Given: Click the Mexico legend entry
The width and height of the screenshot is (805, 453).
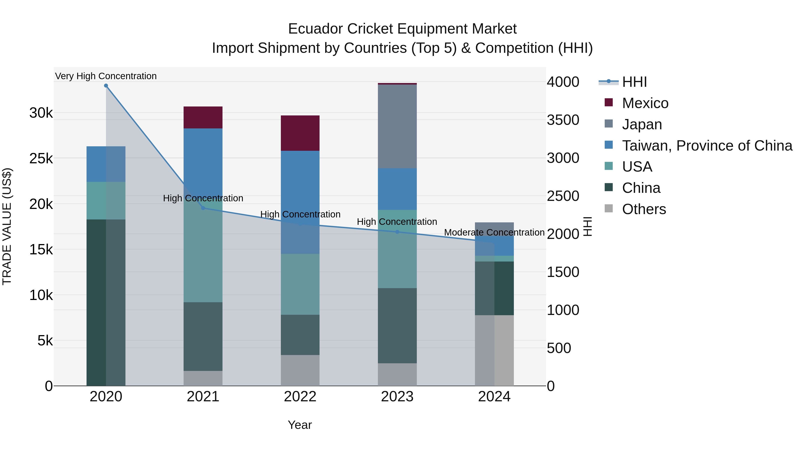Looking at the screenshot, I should pos(645,103).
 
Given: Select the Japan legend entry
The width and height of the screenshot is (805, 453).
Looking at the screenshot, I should pos(642,124).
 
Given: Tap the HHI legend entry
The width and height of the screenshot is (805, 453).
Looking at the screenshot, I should pos(634,82).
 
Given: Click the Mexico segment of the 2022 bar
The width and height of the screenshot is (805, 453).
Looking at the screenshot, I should pos(300,133).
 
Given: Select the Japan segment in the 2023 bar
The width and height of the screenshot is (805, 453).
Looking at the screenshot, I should pos(397,126).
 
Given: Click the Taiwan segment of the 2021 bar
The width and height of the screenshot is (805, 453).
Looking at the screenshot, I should pos(203,156).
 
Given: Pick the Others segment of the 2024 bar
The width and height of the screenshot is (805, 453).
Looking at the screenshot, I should pos(494,350).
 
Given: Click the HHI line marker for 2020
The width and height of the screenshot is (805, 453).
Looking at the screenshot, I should pos(106,86).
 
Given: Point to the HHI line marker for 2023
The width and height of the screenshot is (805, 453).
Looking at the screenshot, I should pos(397,232).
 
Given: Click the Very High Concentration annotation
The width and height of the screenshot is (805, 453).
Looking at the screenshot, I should pos(106,76).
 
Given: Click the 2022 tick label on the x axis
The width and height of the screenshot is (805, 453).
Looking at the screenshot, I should pos(300,397).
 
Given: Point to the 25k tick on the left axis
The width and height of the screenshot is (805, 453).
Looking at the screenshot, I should pos(41,159).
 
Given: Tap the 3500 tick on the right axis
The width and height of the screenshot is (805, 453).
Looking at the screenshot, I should pos(563,120).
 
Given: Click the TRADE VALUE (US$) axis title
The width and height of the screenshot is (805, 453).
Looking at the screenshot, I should pos(7,226).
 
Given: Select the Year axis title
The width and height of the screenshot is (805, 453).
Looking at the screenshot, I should pos(300,425).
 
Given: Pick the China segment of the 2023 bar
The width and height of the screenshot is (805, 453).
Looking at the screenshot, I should pos(397,325).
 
